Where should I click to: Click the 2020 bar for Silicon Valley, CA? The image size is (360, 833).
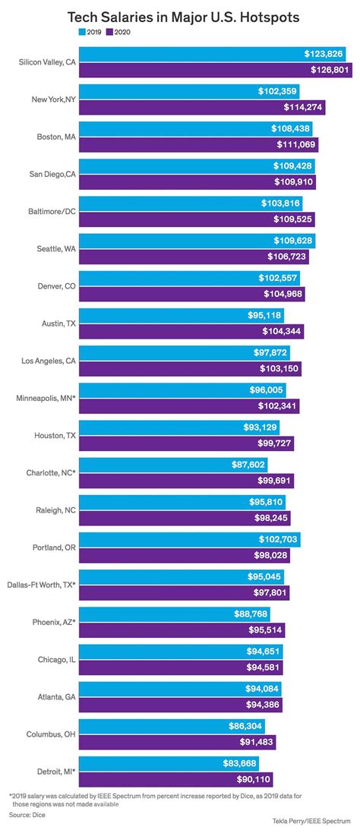coord(205,70)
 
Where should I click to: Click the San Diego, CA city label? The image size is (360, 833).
coord(49,174)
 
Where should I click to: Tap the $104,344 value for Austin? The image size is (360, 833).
coord(285,331)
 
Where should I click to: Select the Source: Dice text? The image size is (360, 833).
coord(27,813)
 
